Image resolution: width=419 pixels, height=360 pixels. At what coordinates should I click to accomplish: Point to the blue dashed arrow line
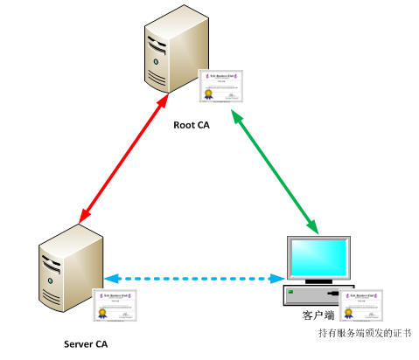coord(193,280)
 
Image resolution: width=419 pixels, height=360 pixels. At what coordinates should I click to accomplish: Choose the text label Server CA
coord(87,343)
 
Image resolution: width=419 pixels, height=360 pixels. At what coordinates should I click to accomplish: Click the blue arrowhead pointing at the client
coord(278,280)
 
